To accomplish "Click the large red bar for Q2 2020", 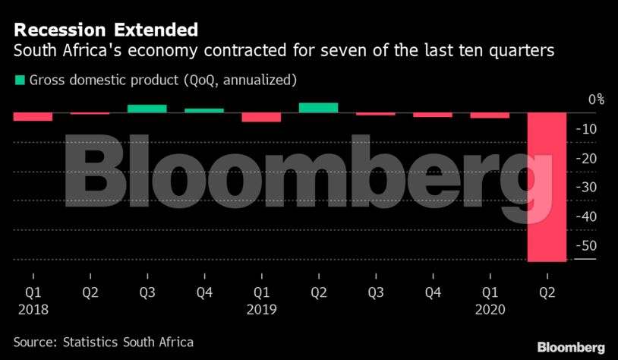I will coord(547,187).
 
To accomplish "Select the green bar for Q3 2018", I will coord(147,109).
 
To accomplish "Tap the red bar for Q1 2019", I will coord(261,117).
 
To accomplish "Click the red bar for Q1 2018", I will coord(33,116).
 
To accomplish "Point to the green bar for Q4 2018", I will coord(204,110).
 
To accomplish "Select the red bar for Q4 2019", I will coord(433,115).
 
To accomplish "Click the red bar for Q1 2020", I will coord(490,115).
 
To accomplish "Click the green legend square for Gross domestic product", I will coord(19,80).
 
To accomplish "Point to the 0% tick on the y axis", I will coord(595,99).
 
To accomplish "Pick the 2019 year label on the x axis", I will coord(261,309).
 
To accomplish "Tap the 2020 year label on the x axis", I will coord(490,309).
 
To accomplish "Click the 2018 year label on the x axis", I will coord(33,309).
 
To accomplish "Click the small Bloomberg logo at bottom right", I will coord(571,347).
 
